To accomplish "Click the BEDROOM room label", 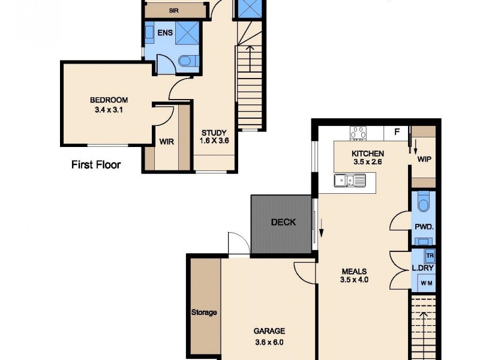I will [109, 100].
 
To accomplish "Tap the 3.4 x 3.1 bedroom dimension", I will [109, 110].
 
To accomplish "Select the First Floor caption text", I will [96, 164].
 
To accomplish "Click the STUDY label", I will [214, 133].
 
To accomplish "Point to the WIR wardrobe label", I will [166, 142].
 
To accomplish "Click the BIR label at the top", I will [174, 11].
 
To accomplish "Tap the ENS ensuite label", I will [166, 33].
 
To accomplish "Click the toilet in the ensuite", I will [187, 60].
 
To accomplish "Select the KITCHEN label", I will [367, 154].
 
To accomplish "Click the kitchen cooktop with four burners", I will [358, 133].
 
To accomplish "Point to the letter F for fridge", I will [397, 132].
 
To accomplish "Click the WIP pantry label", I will [425, 160].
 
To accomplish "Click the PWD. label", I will [424, 227].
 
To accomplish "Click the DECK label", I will [283, 222].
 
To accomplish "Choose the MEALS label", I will [353, 271].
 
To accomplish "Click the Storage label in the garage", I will [204, 312].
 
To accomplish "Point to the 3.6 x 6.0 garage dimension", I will [268, 343].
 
